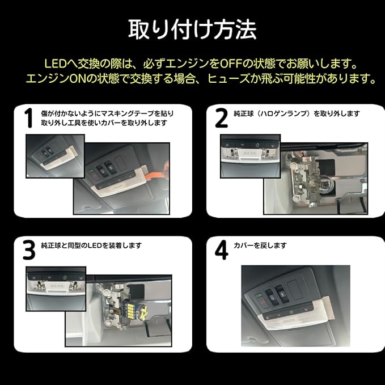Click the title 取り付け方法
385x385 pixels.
click(192, 29)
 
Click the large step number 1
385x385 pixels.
click(29, 118)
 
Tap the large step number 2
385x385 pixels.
click(221, 118)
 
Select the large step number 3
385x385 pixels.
click(29, 249)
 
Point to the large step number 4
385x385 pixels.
click(222, 249)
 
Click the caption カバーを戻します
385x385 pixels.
click(260, 246)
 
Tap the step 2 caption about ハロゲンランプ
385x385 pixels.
click(297, 113)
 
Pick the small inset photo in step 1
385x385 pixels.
click(55, 156)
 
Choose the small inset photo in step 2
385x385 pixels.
click(251, 156)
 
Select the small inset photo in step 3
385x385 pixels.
click(56, 289)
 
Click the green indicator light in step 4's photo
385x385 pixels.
click(258, 295)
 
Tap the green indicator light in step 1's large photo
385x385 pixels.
click(92, 171)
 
